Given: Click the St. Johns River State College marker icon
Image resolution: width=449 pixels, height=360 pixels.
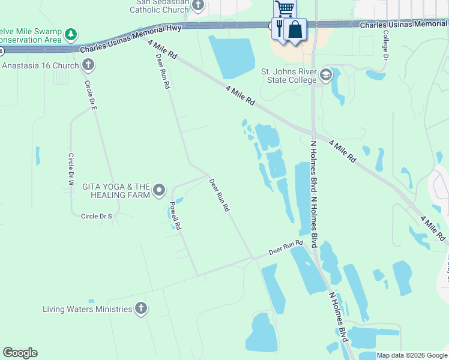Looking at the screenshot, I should click(x=326, y=75).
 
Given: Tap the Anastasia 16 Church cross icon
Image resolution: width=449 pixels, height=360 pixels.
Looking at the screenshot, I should click(x=88, y=65).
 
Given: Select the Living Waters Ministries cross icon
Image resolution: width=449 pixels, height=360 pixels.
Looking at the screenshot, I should click(x=141, y=309).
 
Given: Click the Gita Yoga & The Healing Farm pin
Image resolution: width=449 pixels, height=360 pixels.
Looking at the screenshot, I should click(x=159, y=191).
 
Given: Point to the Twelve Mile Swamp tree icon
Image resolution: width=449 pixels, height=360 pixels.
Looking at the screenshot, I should click(x=71, y=33).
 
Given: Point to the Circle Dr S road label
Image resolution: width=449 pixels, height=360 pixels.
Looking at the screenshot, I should click(x=97, y=215).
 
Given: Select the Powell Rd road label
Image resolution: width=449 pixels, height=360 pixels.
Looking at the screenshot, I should click(x=175, y=216).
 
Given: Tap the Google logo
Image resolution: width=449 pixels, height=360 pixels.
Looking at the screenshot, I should click(x=20, y=353).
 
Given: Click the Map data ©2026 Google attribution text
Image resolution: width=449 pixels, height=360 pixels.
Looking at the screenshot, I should click(x=411, y=355).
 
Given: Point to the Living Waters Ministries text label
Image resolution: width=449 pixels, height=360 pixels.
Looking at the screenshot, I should click(x=87, y=310).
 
